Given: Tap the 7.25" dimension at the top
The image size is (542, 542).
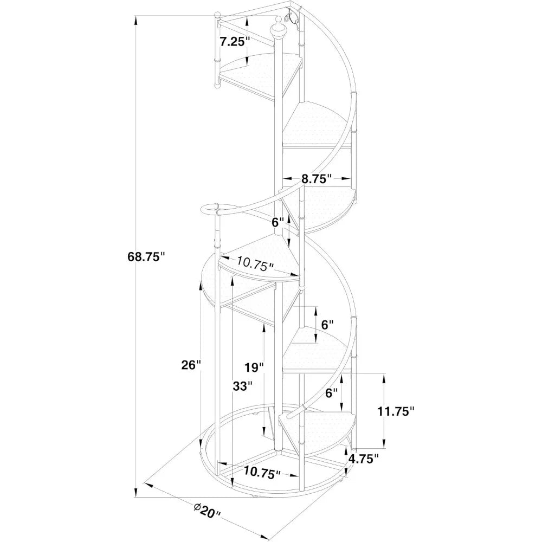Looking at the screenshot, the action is point(235,42).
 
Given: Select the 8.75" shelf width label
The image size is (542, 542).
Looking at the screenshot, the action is point(317,178).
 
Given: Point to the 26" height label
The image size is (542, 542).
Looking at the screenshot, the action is point(191,365).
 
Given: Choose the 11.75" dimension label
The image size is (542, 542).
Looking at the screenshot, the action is point(396,411).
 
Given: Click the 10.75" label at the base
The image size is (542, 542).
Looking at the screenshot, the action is point(262,472).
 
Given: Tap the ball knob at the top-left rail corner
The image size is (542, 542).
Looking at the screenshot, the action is point(217,15).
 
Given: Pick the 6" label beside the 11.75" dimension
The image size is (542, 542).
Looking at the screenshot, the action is point(331,392).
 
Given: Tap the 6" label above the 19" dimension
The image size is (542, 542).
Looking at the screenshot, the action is point(327,325).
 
